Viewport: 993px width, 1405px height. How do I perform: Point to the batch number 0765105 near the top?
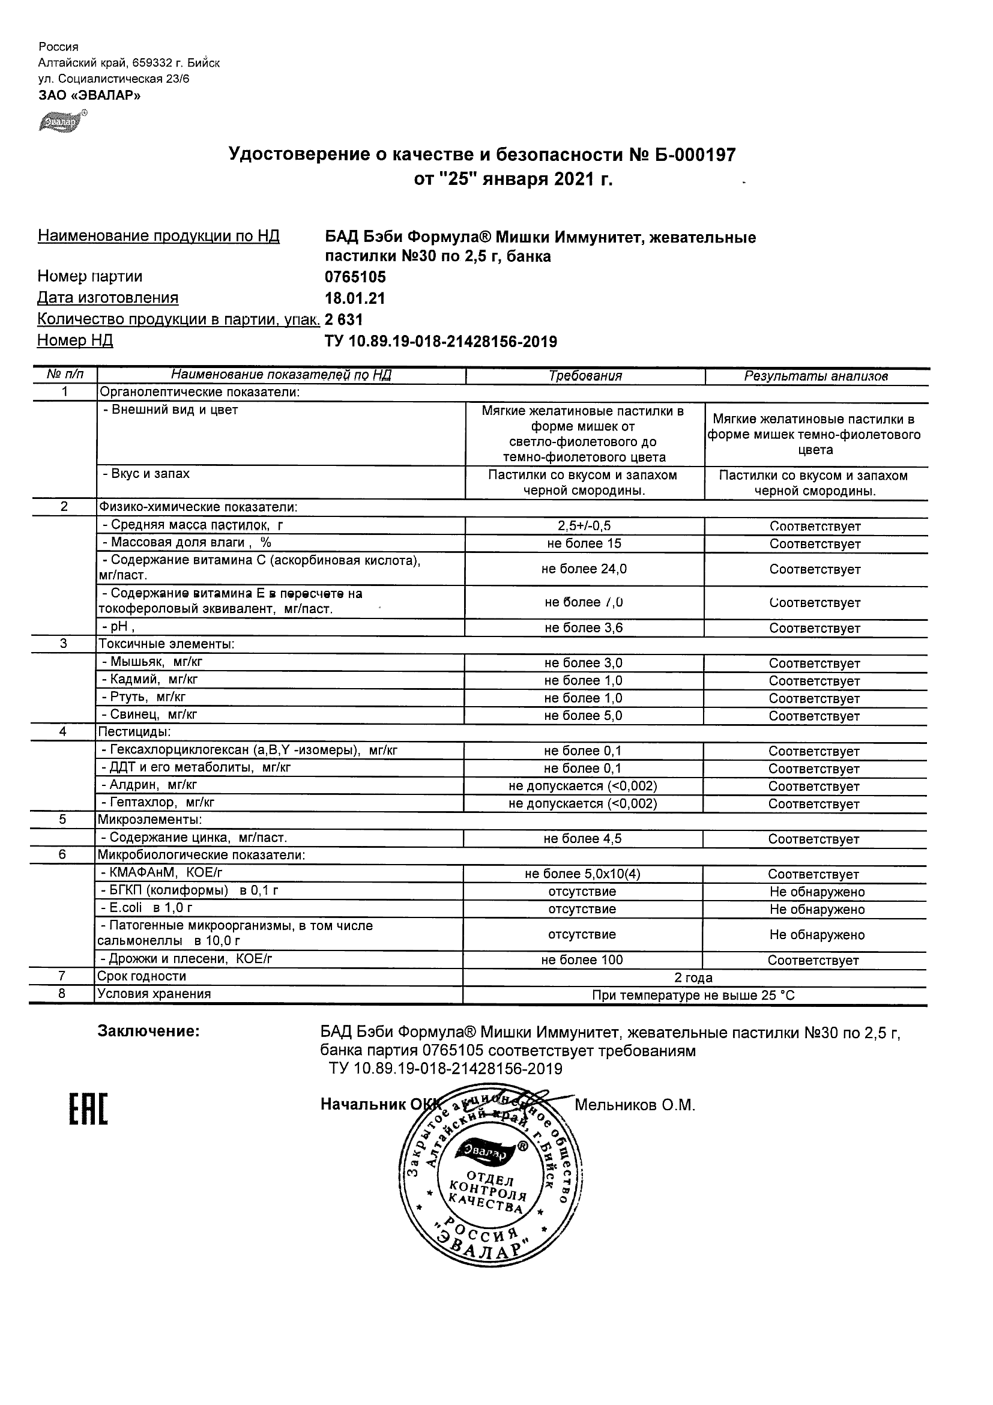point(355,277)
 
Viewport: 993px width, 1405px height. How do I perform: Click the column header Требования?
point(585,376)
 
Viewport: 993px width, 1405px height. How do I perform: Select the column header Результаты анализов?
point(815,376)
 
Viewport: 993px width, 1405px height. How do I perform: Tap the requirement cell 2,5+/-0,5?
point(584,525)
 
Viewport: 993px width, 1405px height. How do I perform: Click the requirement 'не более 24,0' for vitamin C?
point(584,569)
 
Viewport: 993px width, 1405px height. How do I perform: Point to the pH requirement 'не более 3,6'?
point(584,628)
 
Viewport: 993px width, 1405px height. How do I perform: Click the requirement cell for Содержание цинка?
point(582,838)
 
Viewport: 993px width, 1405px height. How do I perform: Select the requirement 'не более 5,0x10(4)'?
point(582,874)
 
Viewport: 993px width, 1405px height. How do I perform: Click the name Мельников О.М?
point(635,1105)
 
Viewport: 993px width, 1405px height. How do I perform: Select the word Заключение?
point(149,1031)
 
